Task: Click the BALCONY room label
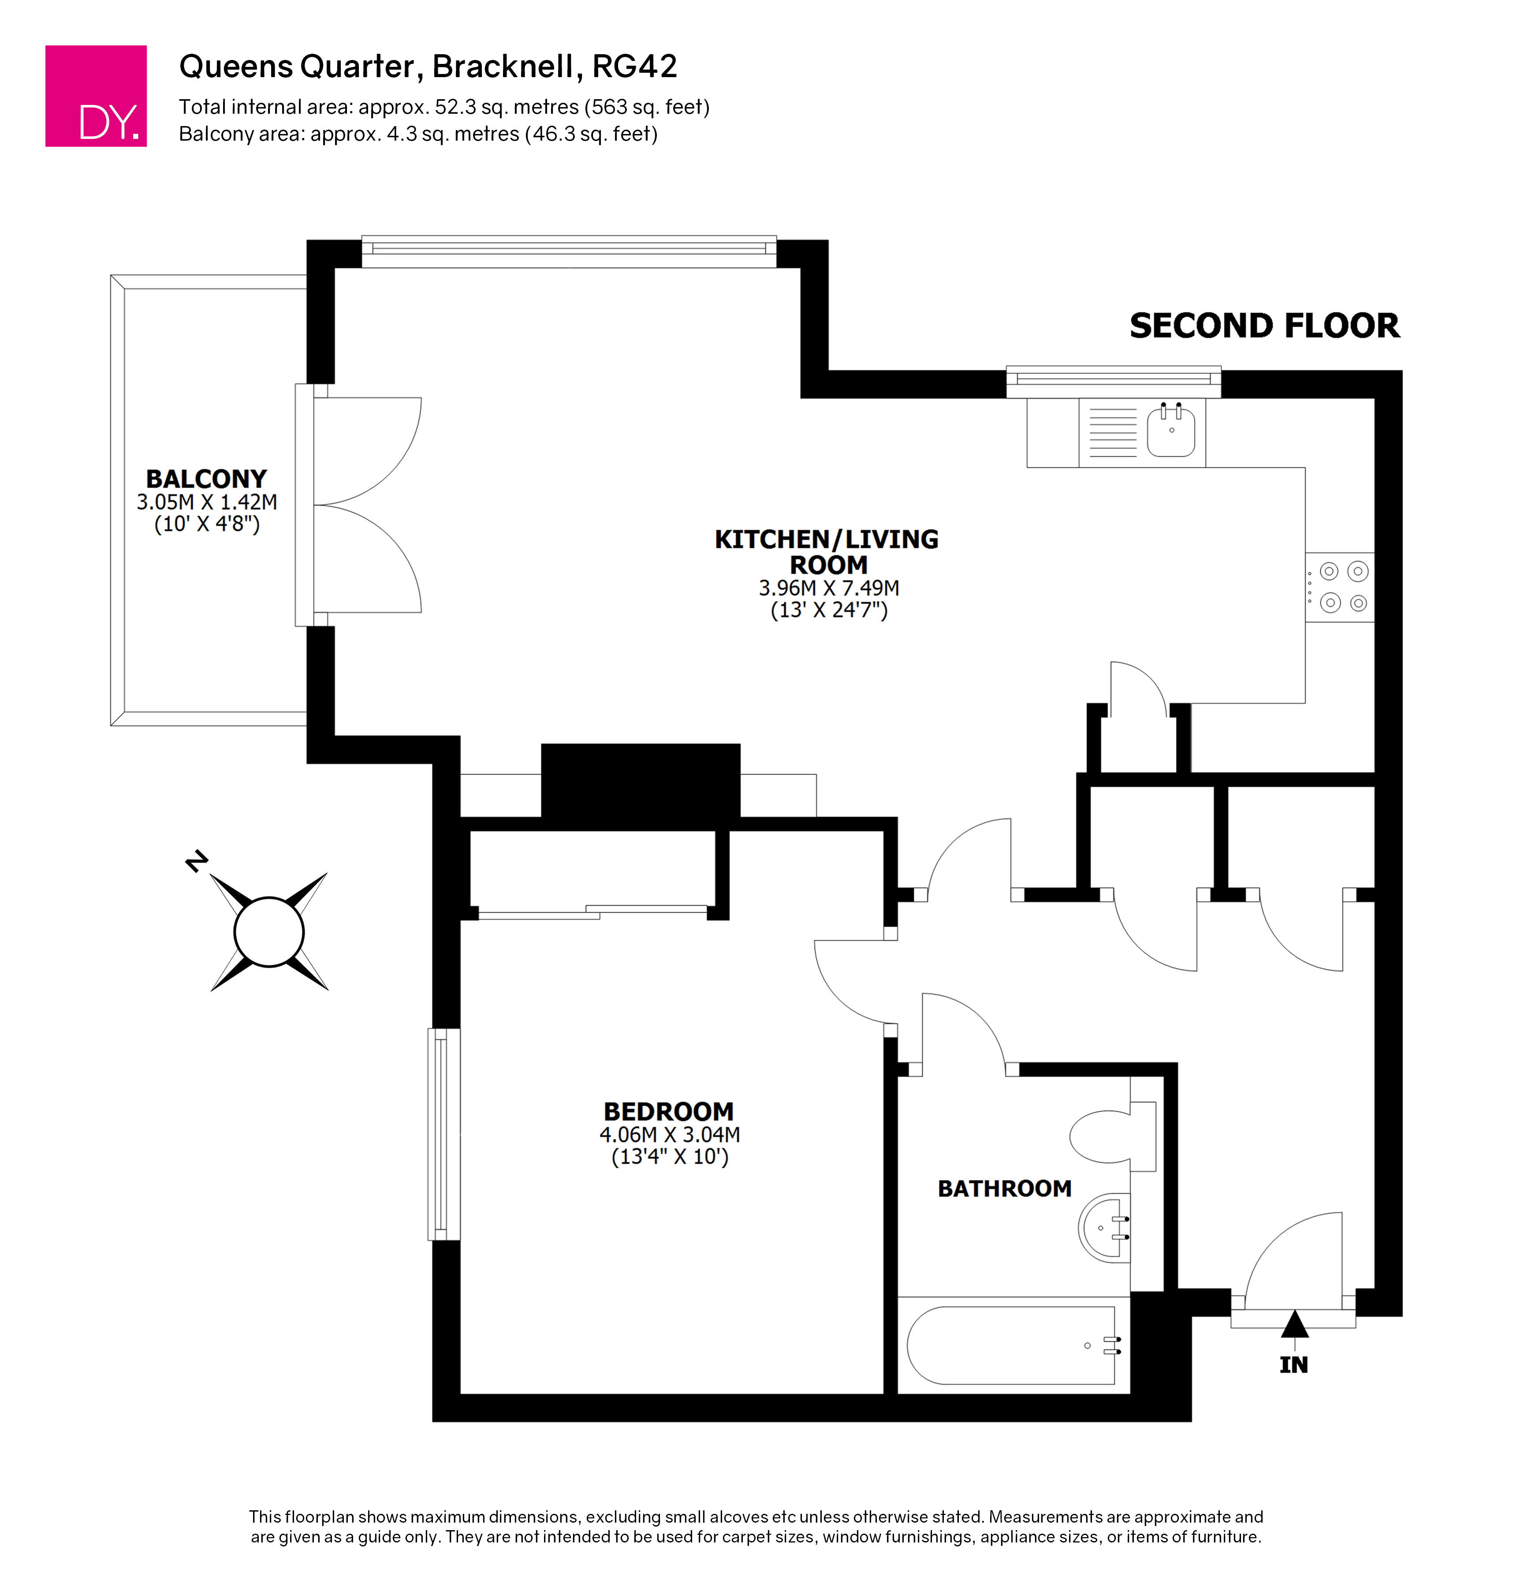click(x=206, y=479)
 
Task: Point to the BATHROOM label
click(x=1004, y=1188)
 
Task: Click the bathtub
click(x=1012, y=1345)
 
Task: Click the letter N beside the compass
click(x=196, y=861)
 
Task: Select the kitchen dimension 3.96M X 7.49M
click(x=828, y=588)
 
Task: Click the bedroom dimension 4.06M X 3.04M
click(x=669, y=1135)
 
